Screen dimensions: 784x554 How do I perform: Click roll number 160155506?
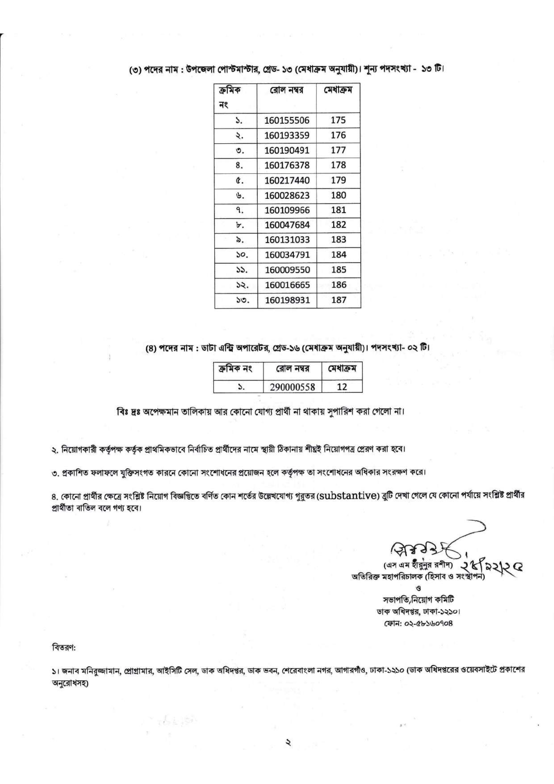pos(287,120)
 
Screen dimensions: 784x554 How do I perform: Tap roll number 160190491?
pos(287,150)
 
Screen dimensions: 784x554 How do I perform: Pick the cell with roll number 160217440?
pos(287,180)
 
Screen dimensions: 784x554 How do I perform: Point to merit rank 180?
pos(338,195)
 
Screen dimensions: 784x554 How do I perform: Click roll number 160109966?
pos(287,210)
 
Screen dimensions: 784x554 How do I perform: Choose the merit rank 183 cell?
pos(338,240)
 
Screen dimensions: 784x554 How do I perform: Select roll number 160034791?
pos(287,255)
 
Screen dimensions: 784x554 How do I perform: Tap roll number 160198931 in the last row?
pos(287,300)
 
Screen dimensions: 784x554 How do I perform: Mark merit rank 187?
pos(338,300)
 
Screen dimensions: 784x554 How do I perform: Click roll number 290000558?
pos(292,387)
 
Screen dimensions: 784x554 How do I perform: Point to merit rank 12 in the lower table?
pos(342,387)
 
